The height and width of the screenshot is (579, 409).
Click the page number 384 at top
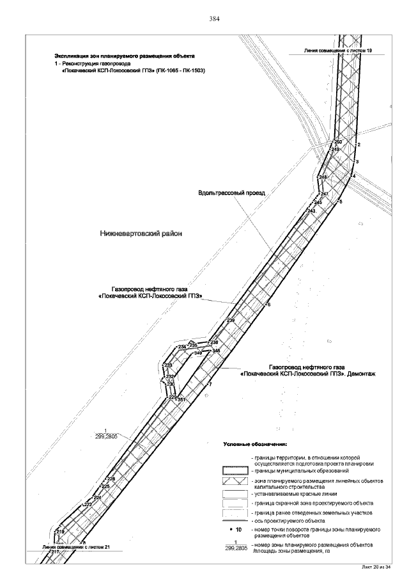tap(215, 19)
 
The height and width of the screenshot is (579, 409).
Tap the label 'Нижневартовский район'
tap(141, 234)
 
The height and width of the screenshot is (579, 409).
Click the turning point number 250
tap(338, 142)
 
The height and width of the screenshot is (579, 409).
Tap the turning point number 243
tap(311, 210)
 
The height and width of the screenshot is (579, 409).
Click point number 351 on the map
tap(181, 400)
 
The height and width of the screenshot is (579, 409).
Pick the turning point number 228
tap(111, 479)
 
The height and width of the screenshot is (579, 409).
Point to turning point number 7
tap(210, 384)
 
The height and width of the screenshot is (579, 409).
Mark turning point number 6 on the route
tap(269, 305)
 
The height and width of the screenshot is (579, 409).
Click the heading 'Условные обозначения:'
tap(256, 443)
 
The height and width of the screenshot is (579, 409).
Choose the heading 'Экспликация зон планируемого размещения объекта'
tap(125, 56)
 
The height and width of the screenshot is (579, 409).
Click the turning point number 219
tap(61, 532)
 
